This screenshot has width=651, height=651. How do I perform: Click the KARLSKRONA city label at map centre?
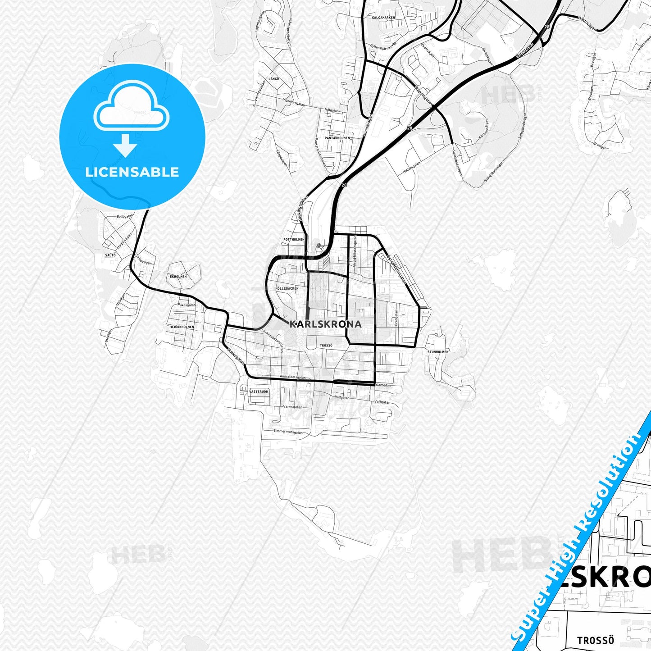pos(325,324)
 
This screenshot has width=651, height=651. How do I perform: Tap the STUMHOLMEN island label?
pos(438,351)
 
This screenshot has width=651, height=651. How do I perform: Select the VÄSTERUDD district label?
pos(259,392)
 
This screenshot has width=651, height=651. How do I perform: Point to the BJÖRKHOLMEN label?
pos(182,327)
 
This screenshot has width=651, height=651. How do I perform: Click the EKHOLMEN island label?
pos(178,276)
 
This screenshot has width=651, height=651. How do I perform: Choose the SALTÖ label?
pos(110,255)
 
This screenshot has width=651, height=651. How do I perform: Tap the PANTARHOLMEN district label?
pos(337,138)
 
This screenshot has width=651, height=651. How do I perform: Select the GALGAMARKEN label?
pos(383,18)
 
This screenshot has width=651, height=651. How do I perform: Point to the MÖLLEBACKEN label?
pos(287,288)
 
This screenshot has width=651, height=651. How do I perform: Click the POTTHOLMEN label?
pos(294,240)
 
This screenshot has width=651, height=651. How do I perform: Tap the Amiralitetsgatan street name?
pos(293,377)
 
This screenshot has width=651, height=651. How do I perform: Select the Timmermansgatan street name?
pos(288,432)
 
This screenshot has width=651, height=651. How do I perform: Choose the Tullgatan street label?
pos(332,110)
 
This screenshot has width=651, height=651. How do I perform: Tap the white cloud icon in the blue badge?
pos(132,107)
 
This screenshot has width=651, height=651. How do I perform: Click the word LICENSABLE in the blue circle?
pos(132,172)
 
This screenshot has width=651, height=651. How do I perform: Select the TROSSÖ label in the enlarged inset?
pos(596,640)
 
